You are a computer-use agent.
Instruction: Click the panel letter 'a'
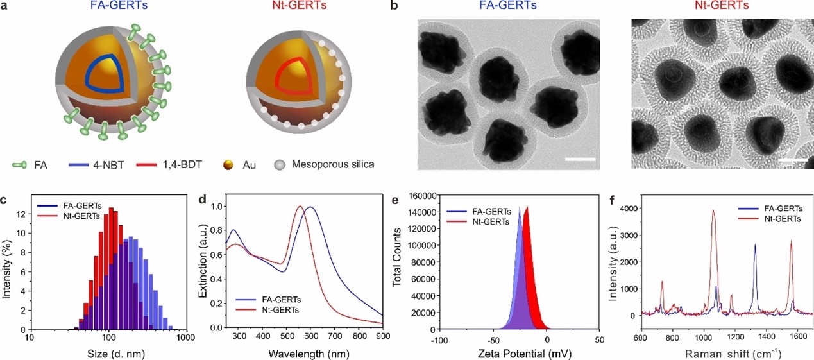click(7, 8)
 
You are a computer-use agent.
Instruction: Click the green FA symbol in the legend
click(20, 165)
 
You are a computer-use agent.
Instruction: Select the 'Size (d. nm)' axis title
click(108, 352)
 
